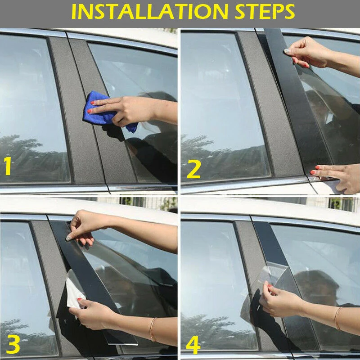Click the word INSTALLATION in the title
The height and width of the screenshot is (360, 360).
[150, 12]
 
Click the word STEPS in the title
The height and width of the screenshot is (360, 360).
[265, 12]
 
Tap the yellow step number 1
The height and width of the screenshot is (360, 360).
[8, 166]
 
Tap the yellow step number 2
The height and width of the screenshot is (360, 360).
[194, 169]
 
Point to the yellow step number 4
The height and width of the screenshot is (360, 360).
[193, 345]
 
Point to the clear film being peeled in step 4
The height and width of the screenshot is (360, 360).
[272, 274]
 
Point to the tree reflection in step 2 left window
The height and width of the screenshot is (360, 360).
[220, 158]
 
